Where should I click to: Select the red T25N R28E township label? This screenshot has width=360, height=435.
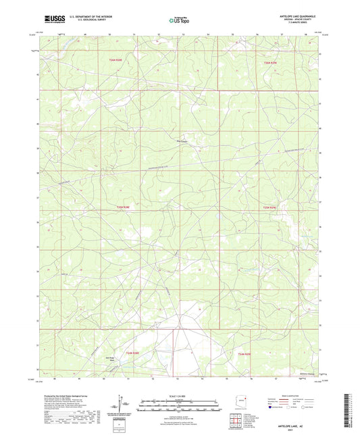tap(123, 207)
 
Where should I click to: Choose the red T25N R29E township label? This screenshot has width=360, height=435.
tap(269, 207)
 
